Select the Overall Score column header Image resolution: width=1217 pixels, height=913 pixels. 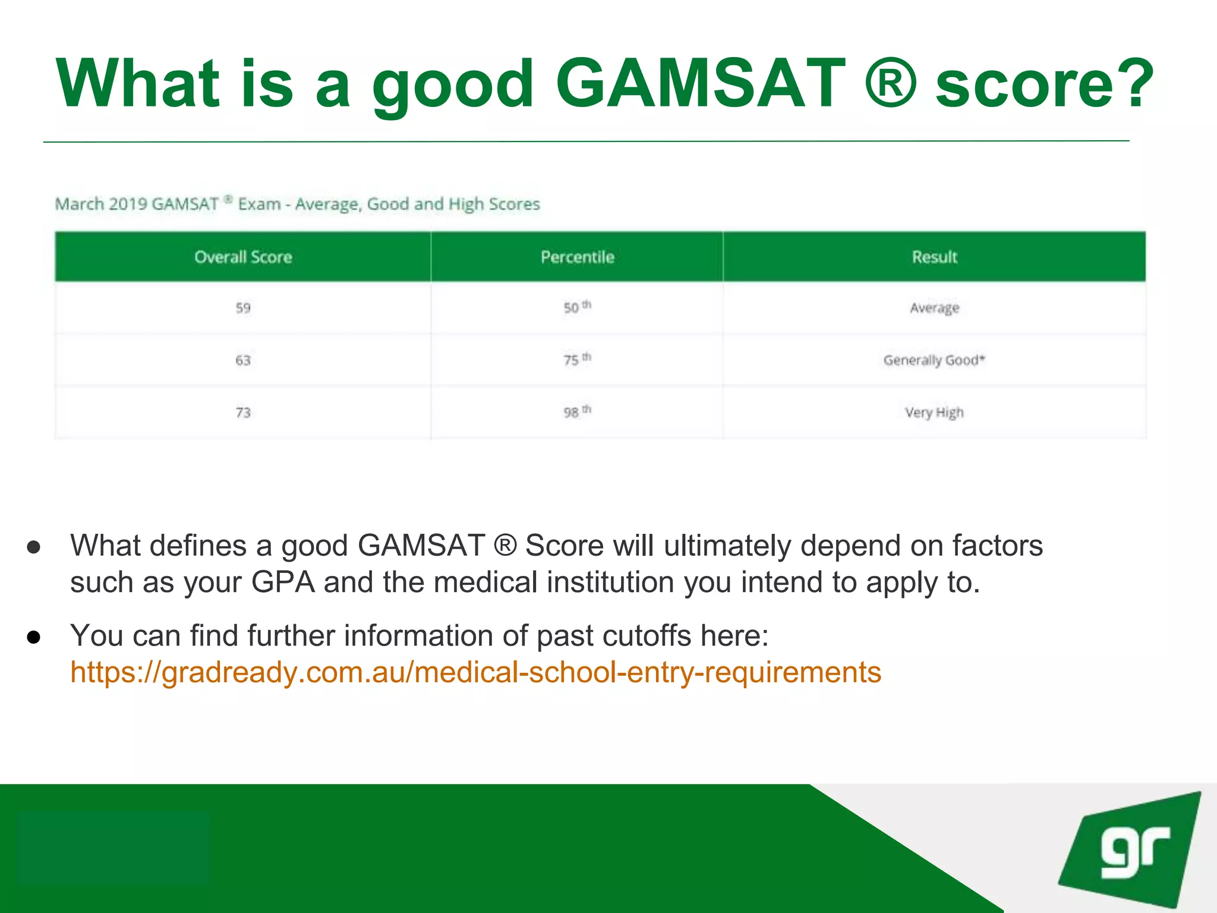point(243,257)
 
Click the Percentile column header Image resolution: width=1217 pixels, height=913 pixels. point(577,257)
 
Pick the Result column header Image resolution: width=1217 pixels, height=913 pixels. point(934,257)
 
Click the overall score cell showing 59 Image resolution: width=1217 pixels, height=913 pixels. point(243,308)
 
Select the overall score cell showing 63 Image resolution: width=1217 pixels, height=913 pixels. point(243,360)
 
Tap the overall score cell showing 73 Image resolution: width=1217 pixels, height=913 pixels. point(243,413)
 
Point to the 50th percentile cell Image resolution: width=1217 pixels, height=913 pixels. point(577,307)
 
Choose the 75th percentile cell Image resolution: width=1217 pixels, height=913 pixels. point(577,360)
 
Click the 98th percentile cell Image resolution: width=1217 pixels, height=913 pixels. point(577,412)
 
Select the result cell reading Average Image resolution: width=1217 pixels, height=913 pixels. point(934,308)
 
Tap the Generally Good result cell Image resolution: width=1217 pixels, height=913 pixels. point(934,360)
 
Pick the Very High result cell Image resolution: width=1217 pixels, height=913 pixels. point(934,413)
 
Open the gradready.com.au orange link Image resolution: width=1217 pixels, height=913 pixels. point(475,672)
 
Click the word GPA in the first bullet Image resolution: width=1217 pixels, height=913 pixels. point(283,582)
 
